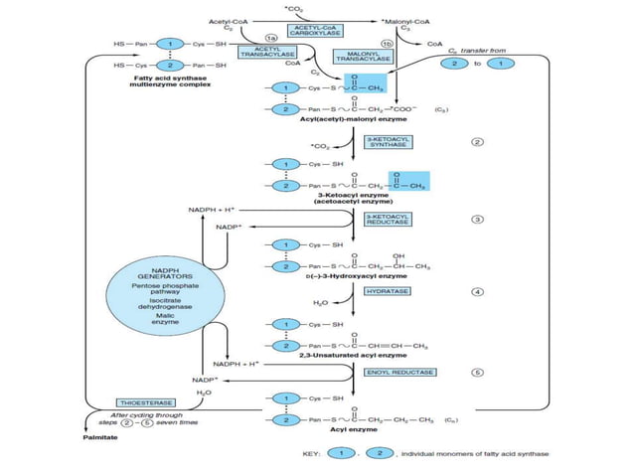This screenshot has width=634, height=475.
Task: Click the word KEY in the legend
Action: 311,453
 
